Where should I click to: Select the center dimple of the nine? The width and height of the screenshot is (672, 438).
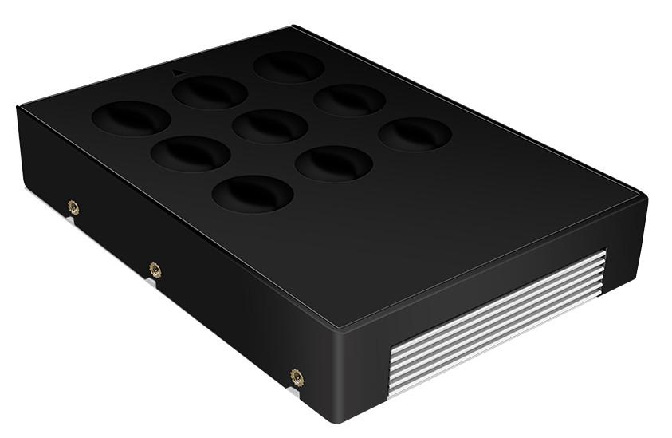click(x=271, y=125)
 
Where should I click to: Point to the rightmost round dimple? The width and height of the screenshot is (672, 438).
click(x=415, y=134)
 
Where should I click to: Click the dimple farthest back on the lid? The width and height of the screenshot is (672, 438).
click(x=289, y=67)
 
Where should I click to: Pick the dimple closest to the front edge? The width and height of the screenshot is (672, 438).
click(x=253, y=192)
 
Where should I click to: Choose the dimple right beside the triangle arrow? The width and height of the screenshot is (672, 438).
click(x=210, y=92)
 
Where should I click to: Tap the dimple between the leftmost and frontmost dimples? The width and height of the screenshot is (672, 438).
click(x=191, y=153)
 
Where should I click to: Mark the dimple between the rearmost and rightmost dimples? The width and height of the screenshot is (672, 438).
click(x=349, y=100)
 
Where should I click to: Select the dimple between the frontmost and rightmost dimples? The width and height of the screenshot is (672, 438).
click(x=334, y=163)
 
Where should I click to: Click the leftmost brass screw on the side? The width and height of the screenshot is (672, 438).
click(x=73, y=208)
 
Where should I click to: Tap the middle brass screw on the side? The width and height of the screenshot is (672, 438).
click(x=155, y=270)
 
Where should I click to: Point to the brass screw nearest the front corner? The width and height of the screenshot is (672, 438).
click(x=297, y=375)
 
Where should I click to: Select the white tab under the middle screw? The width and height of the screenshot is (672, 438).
click(x=152, y=281)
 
